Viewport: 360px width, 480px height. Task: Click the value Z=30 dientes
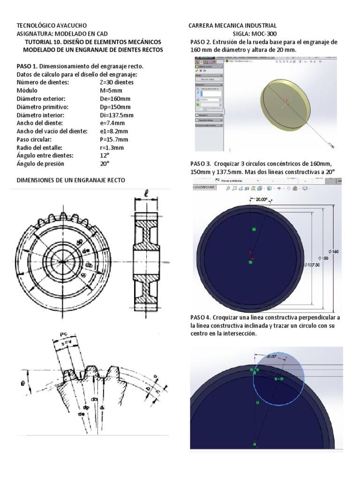click(x=117, y=82)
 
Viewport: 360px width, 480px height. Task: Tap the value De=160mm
click(x=115, y=98)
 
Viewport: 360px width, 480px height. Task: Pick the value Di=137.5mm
click(x=117, y=115)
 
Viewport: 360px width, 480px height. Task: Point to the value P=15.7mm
click(x=114, y=140)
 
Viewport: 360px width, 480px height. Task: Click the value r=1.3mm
click(x=112, y=148)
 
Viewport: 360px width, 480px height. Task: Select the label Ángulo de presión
click(x=40, y=164)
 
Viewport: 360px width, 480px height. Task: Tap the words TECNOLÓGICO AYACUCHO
click(x=52, y=25)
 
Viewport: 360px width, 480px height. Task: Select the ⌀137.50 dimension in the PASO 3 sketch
click(x=312, y=265)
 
